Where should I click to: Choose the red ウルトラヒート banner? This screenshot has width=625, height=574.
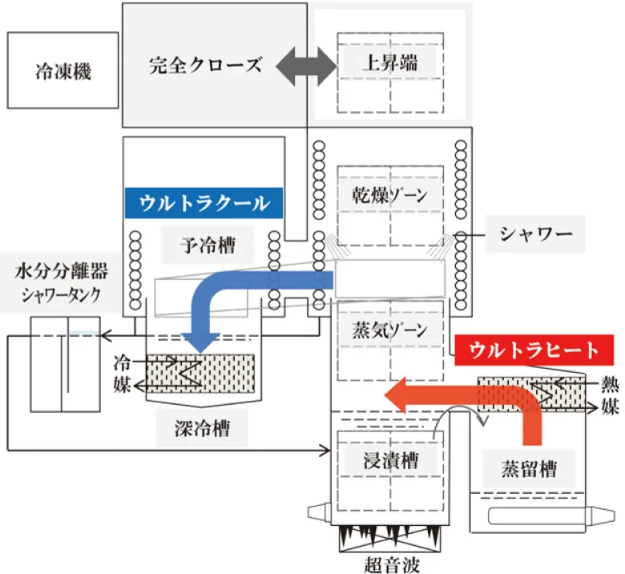[534, 350]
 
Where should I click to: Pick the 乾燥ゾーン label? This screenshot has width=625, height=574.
[390, 196]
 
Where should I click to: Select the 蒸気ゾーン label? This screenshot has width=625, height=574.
[389, 329]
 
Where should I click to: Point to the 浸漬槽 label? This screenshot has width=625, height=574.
[389, 459]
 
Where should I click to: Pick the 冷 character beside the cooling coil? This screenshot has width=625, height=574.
[122, 362]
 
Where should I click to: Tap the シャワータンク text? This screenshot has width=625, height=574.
[62, 294]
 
